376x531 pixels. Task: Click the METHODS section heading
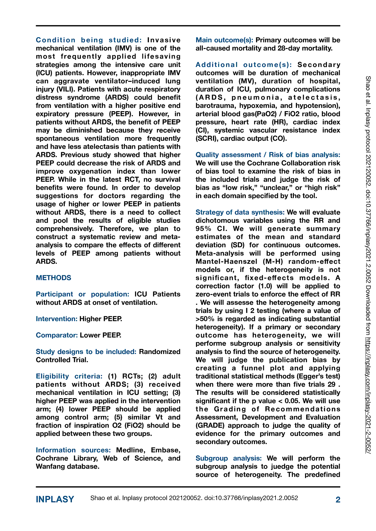[x=53, y=278]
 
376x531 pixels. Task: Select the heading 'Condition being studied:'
[x=89, y=40]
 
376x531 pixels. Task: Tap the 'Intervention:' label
[x=57, y=319]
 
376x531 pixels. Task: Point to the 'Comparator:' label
[x=57, y=335]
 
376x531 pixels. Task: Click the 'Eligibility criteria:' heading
[x=69, y=376]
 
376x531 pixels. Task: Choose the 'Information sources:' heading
[x=73, y=450]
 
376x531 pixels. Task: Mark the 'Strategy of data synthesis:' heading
[x=240, y=212]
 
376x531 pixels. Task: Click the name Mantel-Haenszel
[x=226, y=262]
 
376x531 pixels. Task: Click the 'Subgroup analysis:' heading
[x=229, y=458]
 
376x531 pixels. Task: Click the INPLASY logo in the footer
[x=55, y=499]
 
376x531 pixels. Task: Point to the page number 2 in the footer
[x=338, y=500]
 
